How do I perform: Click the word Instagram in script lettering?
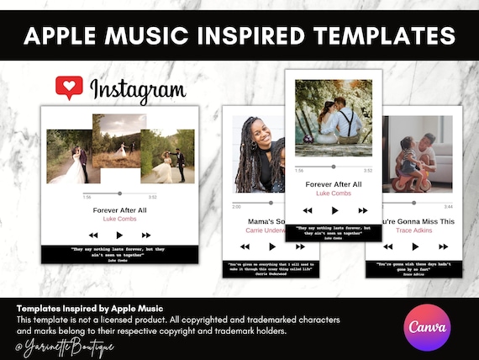[x=137, y=90]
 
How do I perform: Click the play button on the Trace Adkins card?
[x=414, y=246]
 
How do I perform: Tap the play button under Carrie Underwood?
[x=272, y=246]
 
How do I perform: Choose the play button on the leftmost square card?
[x=119, y=235]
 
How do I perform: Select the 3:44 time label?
[x=448, y=206]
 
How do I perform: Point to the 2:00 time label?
[x=237, y=206]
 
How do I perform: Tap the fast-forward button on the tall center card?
[x=363, y=209]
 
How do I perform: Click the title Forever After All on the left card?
[x=119, y=210]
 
